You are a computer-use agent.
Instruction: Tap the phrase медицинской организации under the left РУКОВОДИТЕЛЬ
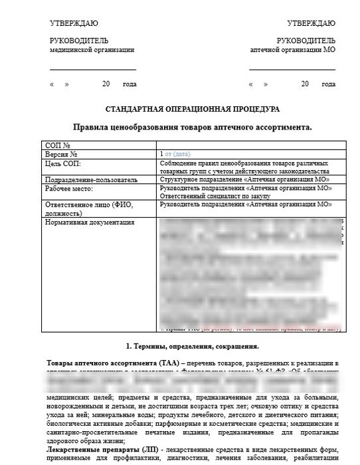(92, 50)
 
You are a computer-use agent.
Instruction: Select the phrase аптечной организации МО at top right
(292, 50)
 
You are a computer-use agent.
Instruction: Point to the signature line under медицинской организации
(92, 69)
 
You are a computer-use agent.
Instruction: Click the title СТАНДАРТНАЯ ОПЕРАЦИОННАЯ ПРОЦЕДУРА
(193, 109)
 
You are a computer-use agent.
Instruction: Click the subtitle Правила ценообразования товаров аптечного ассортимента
(192, 126)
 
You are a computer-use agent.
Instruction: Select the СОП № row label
(57, 145)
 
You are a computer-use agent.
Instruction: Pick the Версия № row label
(62, 153)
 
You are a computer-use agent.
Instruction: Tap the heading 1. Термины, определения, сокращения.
(192, 346)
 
